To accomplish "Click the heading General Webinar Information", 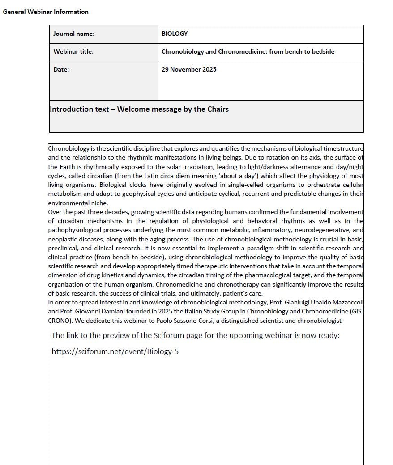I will pyautogui.click(x=46, y=12).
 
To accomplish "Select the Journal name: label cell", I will pyautogui.click(x=74, y=34).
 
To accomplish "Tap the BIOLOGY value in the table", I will pyautogui.click(x=175, y=34).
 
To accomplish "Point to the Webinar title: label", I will pyautogui.click(x=73, y=51).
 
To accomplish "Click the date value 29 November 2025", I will pyautogui.click(x=189, y=69).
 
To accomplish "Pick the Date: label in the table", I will pyautogui.click(x=61, y=69).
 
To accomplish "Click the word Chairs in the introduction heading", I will pyautogui.click(x=216, y=109).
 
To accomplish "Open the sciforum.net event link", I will pyautogui.click(x=115, y=351).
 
